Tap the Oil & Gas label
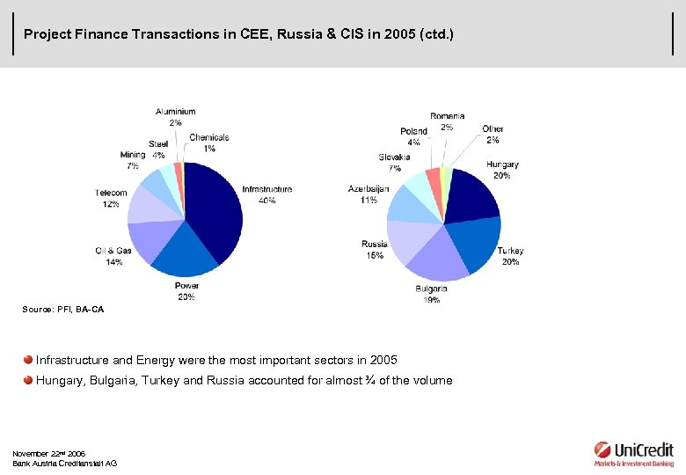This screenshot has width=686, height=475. (x=113, y=256)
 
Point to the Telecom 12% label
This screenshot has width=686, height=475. (x=111, y=198)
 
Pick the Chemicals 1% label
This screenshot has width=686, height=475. (x=208, y=142)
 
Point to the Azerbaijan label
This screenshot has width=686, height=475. (x=368, y=194)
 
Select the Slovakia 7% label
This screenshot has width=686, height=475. (x=394, y=162)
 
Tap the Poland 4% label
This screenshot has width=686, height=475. (x=413, y=136)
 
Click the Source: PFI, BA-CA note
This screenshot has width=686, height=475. (x=62, y=309)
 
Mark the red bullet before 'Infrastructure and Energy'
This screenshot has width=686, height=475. (x=28, y=360)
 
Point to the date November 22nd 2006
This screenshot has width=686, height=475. (x=48, y=453)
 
